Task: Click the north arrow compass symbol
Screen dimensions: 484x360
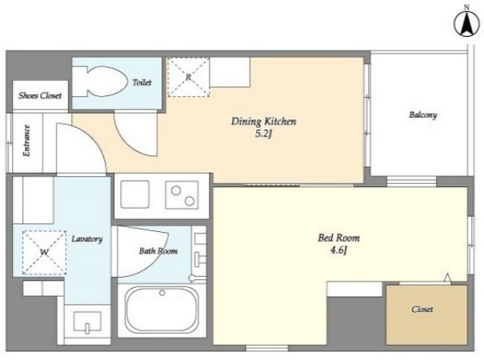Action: (x=466, y=25)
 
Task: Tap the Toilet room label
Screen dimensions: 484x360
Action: (x=142, y=82)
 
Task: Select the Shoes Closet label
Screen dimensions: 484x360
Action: (x=40, y=95)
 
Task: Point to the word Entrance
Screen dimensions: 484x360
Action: (x=27, y=141)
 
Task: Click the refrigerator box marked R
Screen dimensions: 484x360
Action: (x=188, y=77)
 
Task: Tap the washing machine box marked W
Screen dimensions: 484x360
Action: (x=45, y=253)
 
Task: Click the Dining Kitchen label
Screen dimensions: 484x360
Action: (x=264, y=122)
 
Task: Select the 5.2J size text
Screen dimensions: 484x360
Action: (x=263, y=134)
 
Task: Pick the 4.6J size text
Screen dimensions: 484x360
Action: (x=338, y=250)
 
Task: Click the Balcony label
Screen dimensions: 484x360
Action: (x=423, y=115)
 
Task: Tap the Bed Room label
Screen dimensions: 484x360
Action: (x=338, y=238)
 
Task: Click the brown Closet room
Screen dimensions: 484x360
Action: (x=426, y=314)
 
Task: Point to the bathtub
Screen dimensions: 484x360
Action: (x=162, y=310)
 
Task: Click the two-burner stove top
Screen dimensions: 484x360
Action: (x=182, y=195)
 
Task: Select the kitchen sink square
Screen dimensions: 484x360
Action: (x=135, y=194)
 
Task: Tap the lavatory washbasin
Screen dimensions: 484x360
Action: (x=87, y=322)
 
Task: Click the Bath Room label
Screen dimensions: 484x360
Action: (x=158, y=251)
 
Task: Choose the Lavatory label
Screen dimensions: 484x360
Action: (x=87, y=239)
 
